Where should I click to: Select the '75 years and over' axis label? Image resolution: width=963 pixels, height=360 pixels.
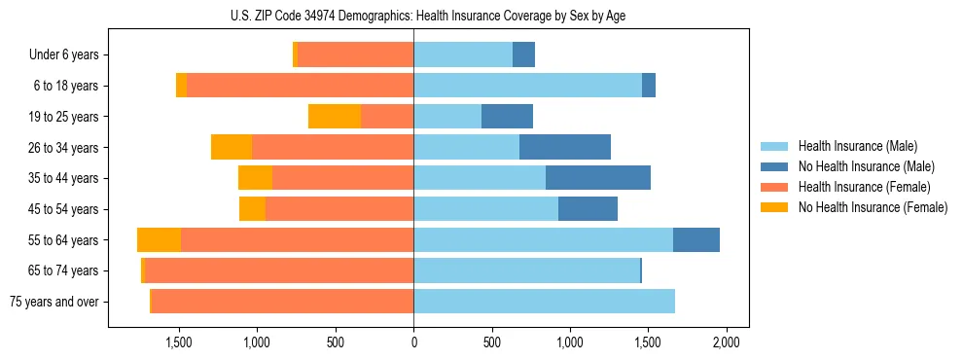[54, 302]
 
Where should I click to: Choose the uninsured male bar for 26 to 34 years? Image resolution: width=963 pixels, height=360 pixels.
[565, 148]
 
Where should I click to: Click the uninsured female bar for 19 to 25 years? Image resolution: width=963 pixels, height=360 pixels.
[335, 117]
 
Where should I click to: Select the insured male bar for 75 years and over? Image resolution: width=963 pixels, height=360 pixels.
[544, 302]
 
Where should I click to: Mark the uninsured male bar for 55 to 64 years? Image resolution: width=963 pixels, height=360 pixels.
[696, 240]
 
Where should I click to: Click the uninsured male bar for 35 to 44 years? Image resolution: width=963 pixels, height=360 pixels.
[598, 178]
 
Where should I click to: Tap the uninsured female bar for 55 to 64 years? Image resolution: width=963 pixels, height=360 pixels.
[159, 240]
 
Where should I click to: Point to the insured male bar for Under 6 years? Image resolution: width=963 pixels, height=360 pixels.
[463, 55]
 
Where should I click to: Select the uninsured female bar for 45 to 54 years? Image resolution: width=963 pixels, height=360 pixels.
[253, 209]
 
